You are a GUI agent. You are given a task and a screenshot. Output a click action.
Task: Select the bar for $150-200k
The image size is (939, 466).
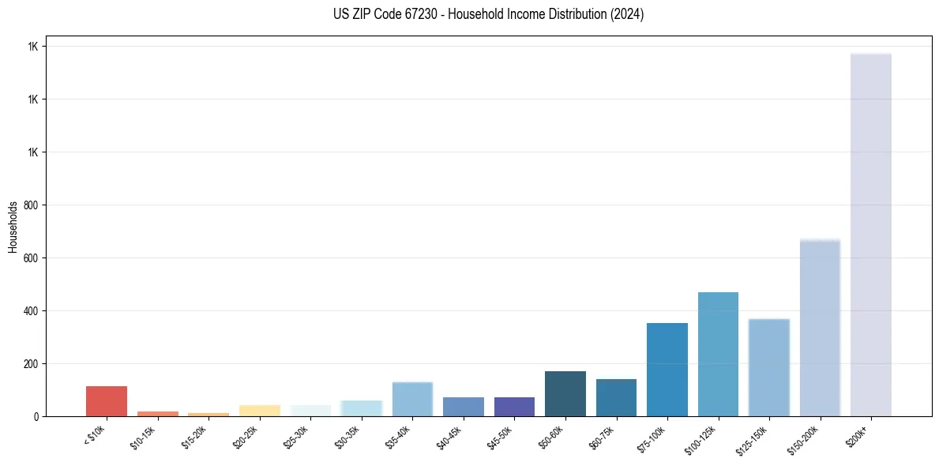[820, 328]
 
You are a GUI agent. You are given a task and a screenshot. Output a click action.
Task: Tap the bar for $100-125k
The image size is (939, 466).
[718, 355]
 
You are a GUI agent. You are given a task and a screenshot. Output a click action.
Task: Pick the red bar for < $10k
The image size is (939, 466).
[107, 401]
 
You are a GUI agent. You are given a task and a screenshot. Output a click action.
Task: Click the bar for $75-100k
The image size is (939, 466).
[667, 370]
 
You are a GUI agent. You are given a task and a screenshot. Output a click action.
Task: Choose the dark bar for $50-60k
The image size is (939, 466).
[565, 394]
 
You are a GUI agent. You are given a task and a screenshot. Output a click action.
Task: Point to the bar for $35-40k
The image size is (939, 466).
[412, 399]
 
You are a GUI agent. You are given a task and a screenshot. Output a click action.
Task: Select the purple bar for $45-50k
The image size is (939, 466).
[514, 407]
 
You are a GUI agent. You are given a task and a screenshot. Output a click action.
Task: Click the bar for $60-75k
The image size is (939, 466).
[616, 398]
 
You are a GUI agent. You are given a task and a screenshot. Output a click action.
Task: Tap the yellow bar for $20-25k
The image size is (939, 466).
[260, 411]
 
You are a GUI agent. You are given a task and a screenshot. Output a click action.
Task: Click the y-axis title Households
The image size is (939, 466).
[13, 227]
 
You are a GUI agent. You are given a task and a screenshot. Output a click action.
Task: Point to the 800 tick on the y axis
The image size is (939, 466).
[31, 205]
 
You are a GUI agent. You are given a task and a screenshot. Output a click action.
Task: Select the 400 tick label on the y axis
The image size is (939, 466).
[31, 311]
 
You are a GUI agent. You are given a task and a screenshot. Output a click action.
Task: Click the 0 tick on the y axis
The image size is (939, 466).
[37, 416]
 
